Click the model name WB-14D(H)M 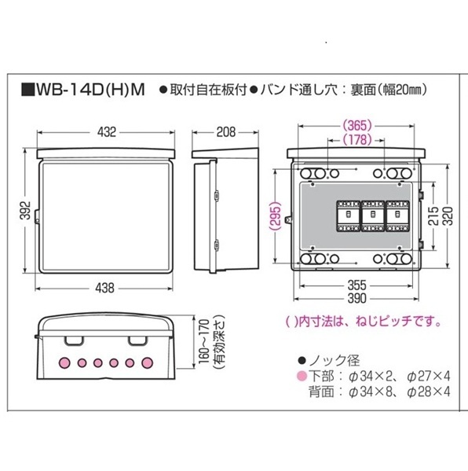90,90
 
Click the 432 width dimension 107,132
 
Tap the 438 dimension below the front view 105,288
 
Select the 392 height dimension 26,210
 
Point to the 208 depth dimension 226,132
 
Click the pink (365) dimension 357,126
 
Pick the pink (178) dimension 357,139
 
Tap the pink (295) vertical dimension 276,215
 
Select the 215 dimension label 433,215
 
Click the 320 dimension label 448,215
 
